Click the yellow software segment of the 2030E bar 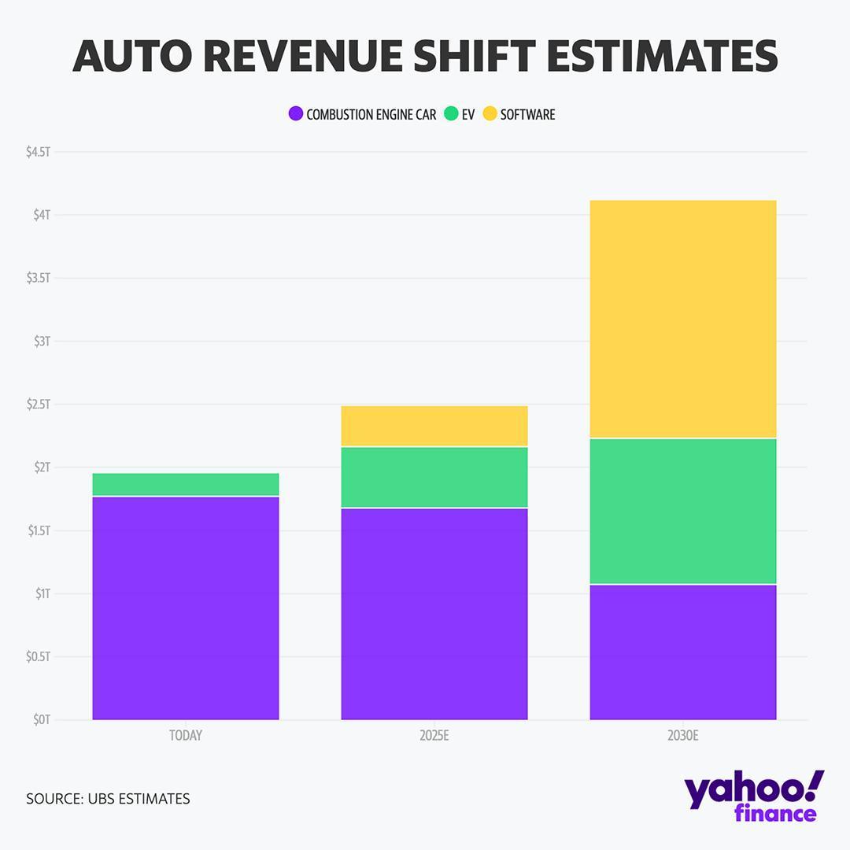pos(683,319)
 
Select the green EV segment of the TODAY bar pos(186,484)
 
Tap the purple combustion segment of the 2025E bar pos(434,614)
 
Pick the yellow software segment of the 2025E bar pos(434,426)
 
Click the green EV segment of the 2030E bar pos(683,511)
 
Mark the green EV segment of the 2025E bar pos(434,477)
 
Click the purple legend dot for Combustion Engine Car pos(296,114)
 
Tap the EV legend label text pos(468,114)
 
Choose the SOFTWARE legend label pos(527,114)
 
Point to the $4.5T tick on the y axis pos(38,152)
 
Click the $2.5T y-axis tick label pos(38,404)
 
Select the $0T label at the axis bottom pos(41,719)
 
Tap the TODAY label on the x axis pos(186,736)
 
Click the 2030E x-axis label pos(683,736)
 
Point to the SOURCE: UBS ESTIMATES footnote pos(108,799)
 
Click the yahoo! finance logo pos(754,796)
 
